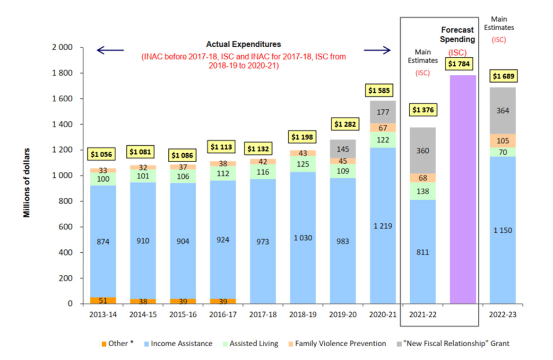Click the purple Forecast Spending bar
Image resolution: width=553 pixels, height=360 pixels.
[x=463, y=189]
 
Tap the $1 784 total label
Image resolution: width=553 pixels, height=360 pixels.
[x=463, y=63]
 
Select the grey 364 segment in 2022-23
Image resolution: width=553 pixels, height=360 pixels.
[x=502, y=111]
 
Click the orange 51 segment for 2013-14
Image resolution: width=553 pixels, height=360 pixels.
[x=103, y=300]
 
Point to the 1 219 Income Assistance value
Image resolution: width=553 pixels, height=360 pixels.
[x=382, y=226]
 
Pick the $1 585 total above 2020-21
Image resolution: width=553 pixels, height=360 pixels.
[x=382, y=90]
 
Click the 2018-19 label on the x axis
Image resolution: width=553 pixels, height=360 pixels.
[x=302, y=315]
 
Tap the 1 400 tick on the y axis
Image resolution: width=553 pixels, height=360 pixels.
[x=62, y=124]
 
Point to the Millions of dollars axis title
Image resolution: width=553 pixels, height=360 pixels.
[x=27, y=183]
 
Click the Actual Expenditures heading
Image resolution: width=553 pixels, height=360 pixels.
[x=243, y=44]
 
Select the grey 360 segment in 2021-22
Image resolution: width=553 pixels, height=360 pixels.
[x=423, y=150]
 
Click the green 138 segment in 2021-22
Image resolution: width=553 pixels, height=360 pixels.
[x=423, y=191]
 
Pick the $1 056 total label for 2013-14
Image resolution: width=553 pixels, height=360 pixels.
[x=103, y=154]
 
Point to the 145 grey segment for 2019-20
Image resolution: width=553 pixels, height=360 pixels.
[x=343, y=149]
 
